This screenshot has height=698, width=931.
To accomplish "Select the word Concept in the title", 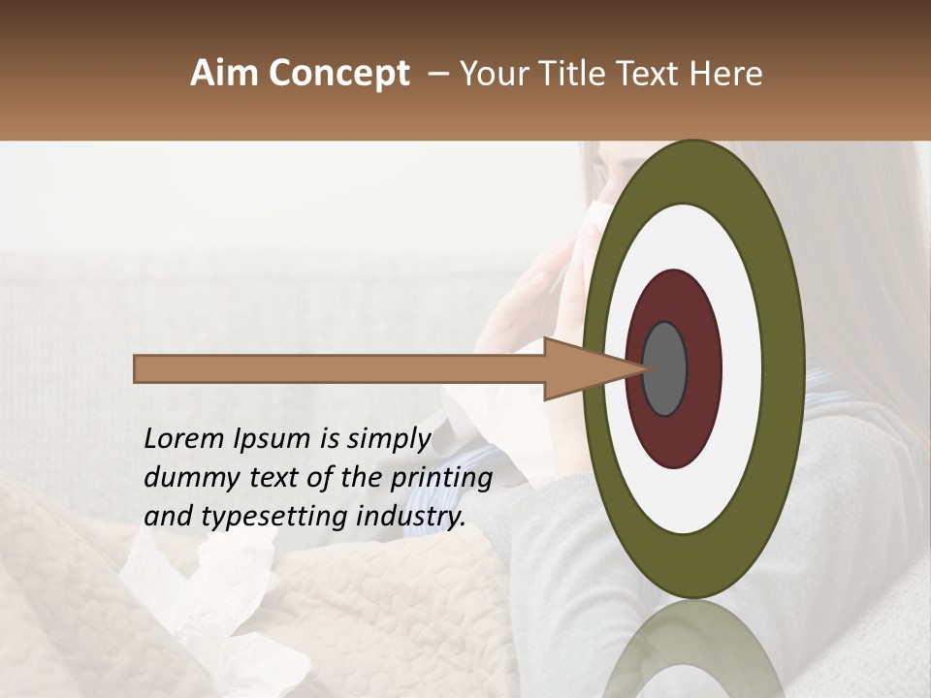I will [x=338, y=74].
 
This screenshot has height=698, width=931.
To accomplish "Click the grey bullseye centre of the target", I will [x=665, y=368].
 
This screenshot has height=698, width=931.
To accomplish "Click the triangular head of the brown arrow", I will [x=582, y=368].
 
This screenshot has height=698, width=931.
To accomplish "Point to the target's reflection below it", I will [x=692, y=650].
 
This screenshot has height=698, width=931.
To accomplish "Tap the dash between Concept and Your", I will [x=438, y=74].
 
